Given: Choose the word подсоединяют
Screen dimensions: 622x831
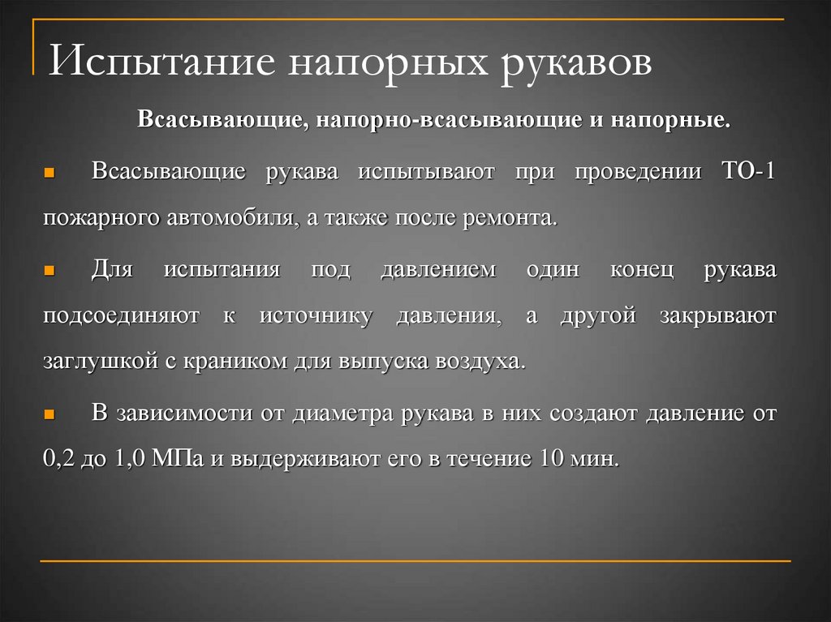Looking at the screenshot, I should [121, 316].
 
